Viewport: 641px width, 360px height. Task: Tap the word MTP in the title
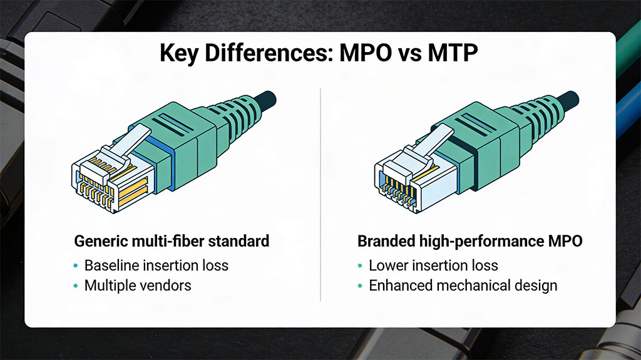(x=452, y=54)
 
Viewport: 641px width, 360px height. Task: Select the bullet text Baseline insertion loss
(x=156, y=265)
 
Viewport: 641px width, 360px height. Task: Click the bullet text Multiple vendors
(x=138, y=285)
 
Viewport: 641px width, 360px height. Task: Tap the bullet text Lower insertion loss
(x=433, y=265)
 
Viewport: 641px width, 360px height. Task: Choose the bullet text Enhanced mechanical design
(x=463, y=285)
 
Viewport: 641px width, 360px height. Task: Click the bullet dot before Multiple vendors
(x=76, y=285)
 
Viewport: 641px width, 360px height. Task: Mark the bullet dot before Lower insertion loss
(x=360, y=265)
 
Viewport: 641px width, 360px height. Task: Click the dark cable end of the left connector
(x=267, y=98)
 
